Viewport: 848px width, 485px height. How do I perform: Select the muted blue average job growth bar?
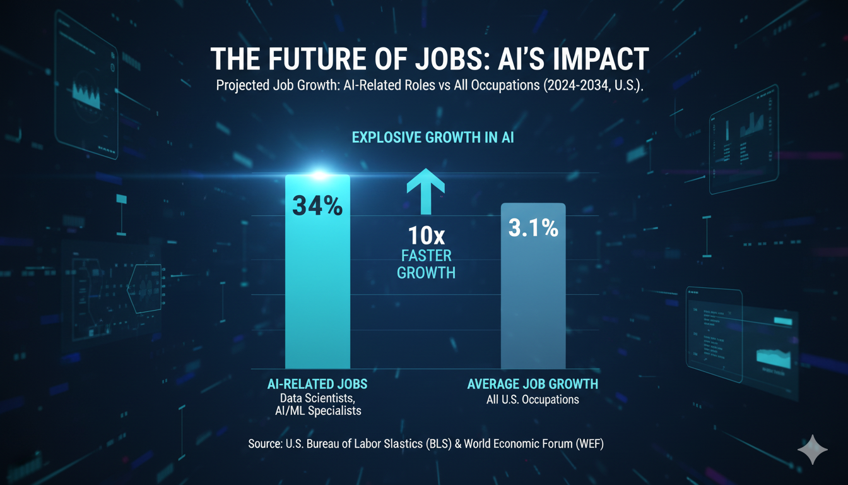533,297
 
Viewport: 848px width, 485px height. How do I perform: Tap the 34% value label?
317,206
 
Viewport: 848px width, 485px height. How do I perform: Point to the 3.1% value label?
533,228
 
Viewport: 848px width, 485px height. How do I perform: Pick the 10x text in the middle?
426,236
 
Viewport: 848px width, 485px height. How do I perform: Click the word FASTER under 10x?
426,256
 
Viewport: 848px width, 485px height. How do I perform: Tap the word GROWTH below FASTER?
426,273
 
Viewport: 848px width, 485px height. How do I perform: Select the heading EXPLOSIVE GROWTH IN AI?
433,137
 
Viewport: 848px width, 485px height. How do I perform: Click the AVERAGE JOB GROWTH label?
533,384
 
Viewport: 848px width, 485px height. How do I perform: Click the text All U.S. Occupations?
533,399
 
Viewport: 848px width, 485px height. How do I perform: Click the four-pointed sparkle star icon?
813,450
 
